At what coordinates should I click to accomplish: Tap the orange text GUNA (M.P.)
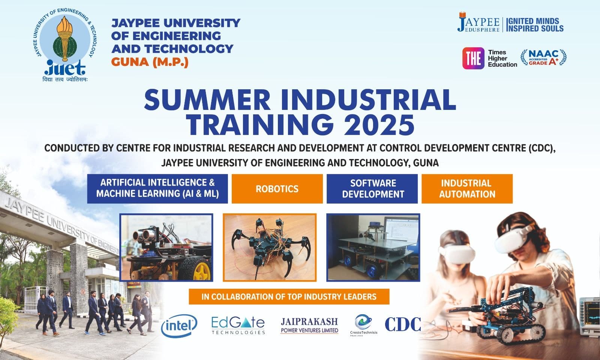pos(150,62)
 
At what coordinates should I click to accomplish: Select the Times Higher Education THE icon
pos(473,58)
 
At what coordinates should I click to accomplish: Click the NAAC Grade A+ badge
pos(543,58)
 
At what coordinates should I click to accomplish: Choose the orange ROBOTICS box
pos(277,189)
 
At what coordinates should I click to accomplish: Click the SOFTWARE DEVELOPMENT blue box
pos(372,189)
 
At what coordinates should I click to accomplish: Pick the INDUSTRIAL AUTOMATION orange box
pos(467,189)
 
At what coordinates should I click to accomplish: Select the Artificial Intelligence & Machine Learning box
pos(157,188)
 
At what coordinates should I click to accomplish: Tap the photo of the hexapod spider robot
pos(270,247)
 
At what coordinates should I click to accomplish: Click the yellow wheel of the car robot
pos(201,268)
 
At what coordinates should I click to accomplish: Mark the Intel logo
pos(179,325)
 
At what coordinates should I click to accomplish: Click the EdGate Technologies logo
pos(238,325)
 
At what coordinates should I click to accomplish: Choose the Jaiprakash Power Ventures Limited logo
pos(309,325)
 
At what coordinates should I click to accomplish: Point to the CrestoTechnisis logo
pos(363,325)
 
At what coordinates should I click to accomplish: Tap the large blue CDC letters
pos(403,324)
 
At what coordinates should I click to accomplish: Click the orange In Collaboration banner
pos(289,297)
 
